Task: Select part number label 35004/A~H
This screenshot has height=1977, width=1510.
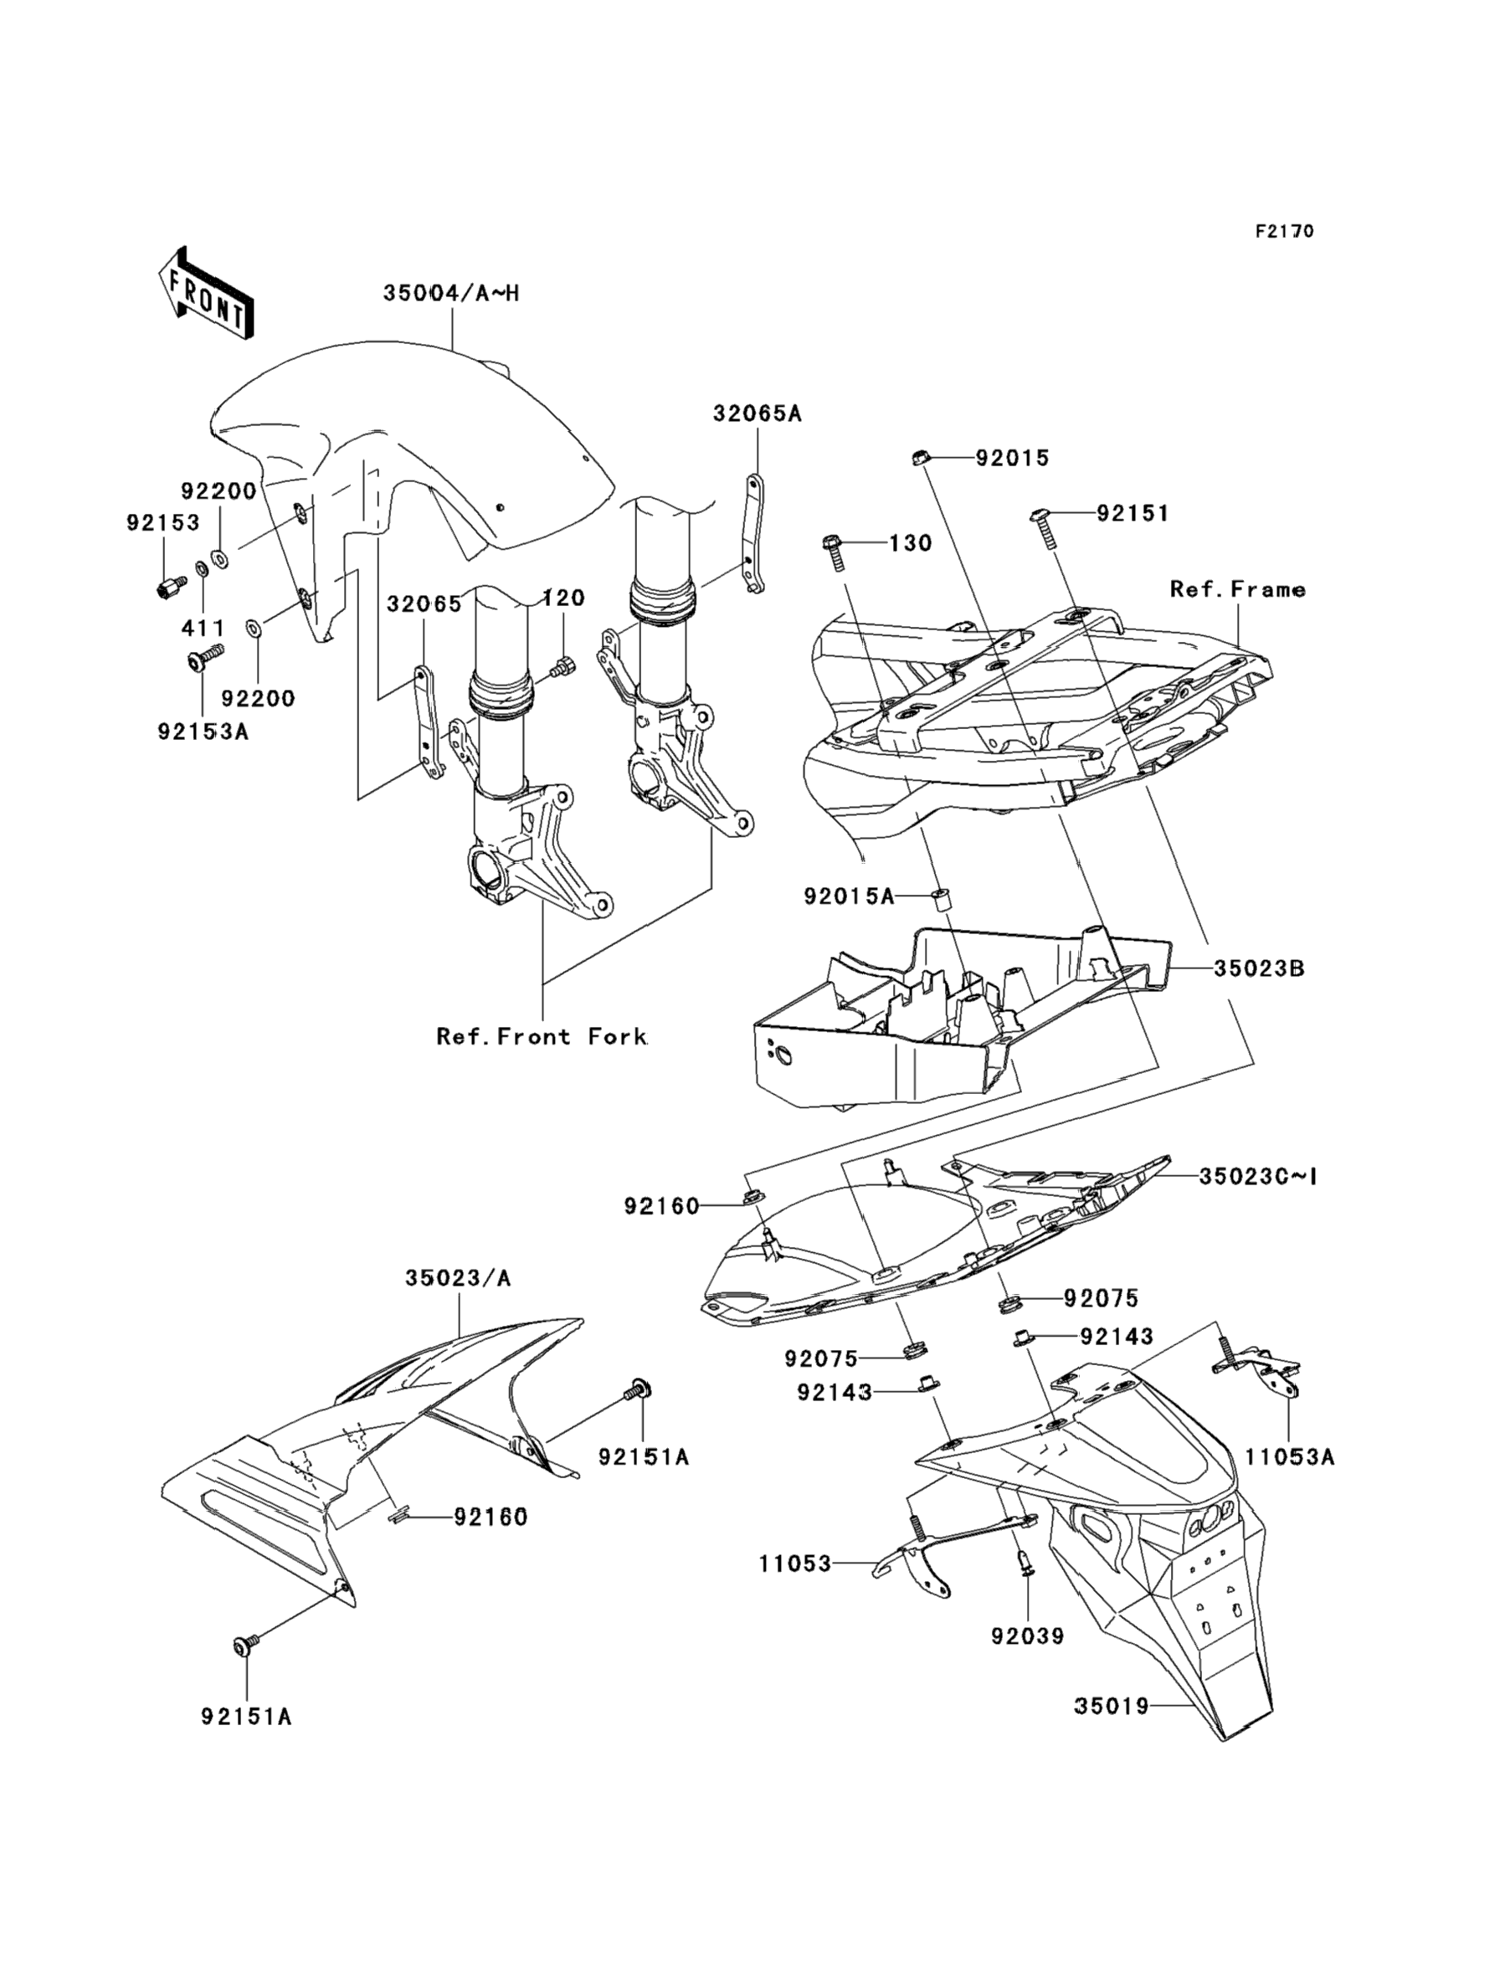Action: tap(451, 293)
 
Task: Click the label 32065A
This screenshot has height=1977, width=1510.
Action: tap(757, 413)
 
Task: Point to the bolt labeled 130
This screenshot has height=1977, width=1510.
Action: tap(832, 552)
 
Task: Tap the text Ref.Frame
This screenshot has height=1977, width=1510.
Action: tap(1238, 589)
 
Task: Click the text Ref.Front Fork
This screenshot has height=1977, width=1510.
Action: tap(542, 1036)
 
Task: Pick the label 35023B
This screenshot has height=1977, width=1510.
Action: tap(1259, 968)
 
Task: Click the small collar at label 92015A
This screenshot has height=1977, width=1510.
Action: tap(942, 898)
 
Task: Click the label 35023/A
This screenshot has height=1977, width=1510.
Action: tap(458, 1277)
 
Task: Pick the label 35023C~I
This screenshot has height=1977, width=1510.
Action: tap(1257, 1175)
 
